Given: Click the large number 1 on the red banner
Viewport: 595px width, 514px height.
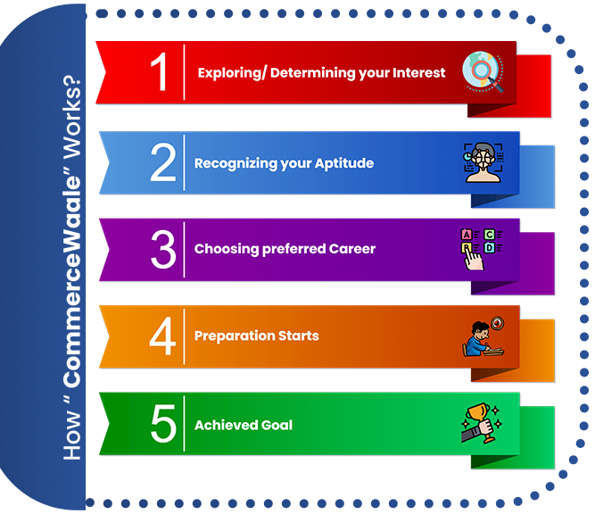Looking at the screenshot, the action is point(160,71).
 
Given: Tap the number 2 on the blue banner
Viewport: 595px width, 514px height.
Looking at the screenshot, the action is point(163,162).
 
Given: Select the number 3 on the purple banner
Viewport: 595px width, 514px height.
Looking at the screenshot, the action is point(163,249).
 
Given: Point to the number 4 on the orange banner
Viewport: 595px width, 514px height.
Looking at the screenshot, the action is point(162,336).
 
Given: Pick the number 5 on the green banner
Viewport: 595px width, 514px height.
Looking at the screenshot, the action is point(163,423).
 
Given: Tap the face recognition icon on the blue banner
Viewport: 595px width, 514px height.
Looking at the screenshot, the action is point(483,162).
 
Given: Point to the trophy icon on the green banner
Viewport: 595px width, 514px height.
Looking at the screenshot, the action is point(482,423).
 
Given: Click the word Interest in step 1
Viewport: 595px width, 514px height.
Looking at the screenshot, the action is point(419,72).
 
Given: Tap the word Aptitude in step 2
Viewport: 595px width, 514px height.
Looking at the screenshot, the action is point(344,163).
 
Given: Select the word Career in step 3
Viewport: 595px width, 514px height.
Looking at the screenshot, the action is point(352,249).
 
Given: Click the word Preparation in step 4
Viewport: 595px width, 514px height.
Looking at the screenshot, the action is point(234,336).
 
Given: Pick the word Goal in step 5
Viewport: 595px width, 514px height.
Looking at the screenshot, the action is point(277,425).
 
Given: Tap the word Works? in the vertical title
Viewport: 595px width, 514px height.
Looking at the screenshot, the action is point(71,117).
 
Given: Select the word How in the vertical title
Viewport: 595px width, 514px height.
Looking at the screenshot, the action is point(72,436).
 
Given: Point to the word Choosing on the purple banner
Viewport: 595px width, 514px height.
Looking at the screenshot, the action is point(227,249).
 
